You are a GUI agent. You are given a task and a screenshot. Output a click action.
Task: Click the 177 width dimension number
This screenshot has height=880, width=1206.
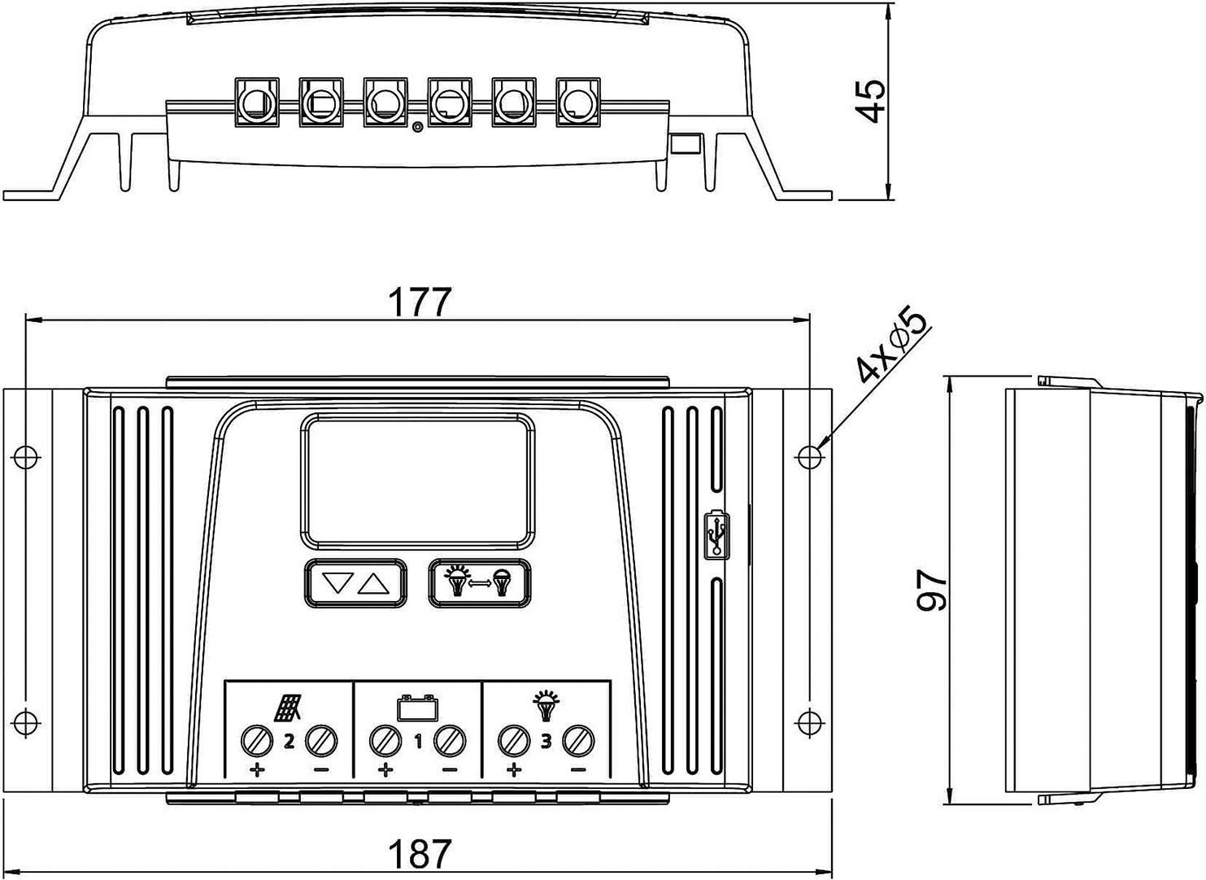(418, 303)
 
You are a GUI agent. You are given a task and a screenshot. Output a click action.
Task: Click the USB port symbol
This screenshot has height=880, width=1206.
(716, 534)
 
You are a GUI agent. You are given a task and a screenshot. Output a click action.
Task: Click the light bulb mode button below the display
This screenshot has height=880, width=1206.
(480, 582)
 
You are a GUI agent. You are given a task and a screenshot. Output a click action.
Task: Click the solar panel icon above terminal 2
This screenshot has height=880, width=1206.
(288, 708)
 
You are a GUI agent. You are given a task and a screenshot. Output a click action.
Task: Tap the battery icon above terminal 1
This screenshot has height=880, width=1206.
(417, 708)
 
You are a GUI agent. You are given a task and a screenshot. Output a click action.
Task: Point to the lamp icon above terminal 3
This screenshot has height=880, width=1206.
(545, 706)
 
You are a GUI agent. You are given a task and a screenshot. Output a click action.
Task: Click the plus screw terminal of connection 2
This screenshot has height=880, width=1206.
(257, 741)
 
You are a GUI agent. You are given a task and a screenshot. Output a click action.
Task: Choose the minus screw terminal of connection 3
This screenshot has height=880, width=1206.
(578, 741)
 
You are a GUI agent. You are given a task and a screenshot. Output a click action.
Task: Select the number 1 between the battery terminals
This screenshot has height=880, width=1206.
(417, 742)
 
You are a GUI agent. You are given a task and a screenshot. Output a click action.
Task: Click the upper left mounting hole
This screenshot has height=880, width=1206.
(26, 456)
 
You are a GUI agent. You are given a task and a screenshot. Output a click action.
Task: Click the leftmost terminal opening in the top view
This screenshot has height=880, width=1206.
(256, 102)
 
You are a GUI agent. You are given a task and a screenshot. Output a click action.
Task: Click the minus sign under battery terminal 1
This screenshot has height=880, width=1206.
(449, 769)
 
